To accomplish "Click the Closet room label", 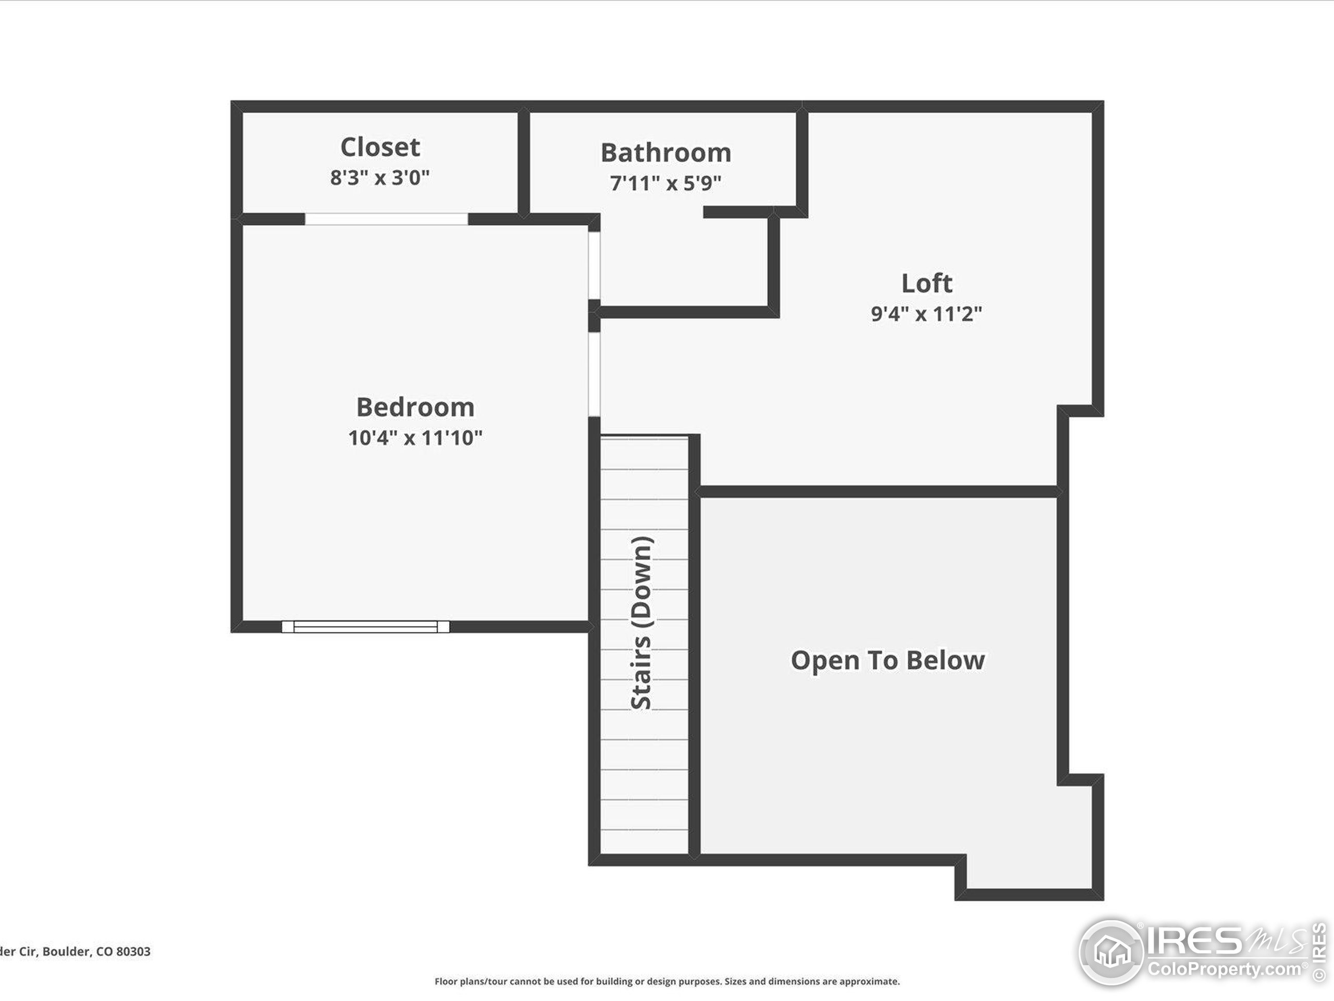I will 380,147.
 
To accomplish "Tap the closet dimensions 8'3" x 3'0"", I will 379,177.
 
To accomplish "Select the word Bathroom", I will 666,153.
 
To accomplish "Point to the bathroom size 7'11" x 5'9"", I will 665,182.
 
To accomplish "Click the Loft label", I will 927,283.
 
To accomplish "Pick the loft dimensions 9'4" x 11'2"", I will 927,314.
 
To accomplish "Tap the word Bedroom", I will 415,407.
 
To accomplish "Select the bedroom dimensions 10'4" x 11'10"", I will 415,437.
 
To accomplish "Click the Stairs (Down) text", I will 641,622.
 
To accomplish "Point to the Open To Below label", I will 888,660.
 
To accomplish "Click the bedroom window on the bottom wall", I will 365,626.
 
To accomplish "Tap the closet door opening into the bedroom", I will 386,218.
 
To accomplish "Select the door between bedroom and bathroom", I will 595,265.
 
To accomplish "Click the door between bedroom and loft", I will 595,374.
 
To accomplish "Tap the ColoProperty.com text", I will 1224,970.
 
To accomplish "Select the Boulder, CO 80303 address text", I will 75,951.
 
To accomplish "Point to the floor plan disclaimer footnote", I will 667,982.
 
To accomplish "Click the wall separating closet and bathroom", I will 524,162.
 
